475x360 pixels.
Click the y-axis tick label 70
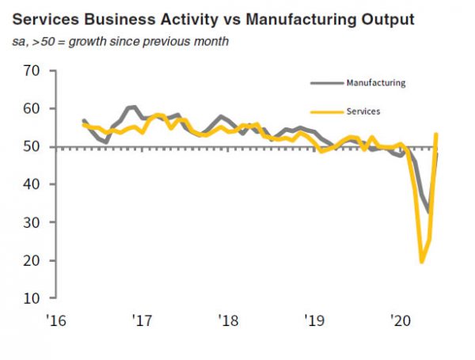point(31,70)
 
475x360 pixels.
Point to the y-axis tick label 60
point(31,108)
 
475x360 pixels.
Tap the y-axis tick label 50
point(31,146)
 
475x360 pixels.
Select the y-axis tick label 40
point(31,184)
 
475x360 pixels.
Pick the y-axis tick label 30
point(31,222)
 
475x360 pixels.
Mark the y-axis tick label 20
point(31,260)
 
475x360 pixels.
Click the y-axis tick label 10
point(31,298)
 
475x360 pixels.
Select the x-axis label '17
point(143,321)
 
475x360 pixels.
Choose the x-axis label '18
point(229,321)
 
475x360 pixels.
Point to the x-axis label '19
point(315,321)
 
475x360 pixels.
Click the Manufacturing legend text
point(376,81)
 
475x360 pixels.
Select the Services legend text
point(363,112)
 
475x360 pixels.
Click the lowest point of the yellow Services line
point(422,261)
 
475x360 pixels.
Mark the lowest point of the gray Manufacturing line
point(429,212)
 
